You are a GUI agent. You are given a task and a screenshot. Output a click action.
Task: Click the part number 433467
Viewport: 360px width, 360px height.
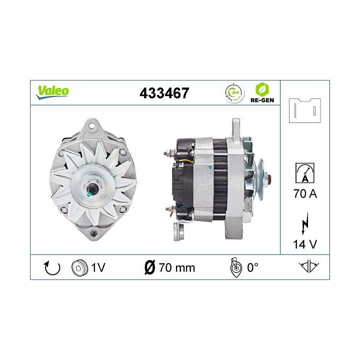coord(165,93)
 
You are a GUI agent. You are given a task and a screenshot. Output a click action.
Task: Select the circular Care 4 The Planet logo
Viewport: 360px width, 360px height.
coord(235,92)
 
